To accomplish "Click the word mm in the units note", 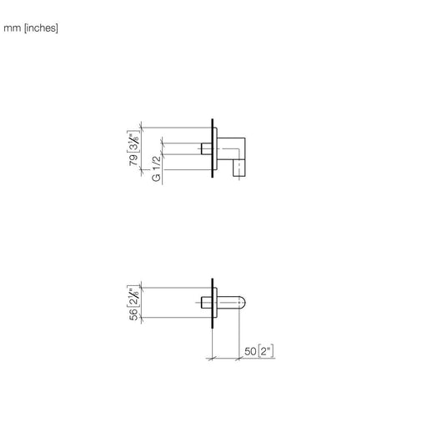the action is (12, 28).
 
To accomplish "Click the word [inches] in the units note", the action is (41, 28).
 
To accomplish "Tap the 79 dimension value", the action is (133, 160).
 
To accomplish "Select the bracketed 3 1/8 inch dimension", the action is (133, 141).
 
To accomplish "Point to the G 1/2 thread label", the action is (157, 168).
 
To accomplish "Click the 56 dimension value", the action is (133, 314).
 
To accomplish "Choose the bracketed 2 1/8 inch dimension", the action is (133, 296).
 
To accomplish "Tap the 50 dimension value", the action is (250, 351).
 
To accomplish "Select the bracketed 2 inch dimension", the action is (266, 351).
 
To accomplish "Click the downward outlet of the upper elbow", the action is (239, 168).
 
